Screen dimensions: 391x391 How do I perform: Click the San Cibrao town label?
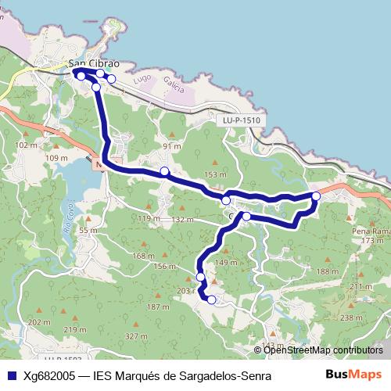click(x=94, y=64)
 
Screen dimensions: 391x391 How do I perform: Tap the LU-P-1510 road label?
click(x=240, y=120)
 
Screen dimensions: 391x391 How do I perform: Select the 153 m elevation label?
click(x=214, y=174)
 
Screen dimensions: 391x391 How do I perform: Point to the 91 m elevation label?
click(x=171, y=146)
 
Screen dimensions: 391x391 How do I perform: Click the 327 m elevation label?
click(x=136, y=335)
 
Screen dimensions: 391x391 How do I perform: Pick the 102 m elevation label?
click(x=27, y=145)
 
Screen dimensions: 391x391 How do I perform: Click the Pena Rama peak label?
click(x=371, y=232)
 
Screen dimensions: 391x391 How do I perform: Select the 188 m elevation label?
click(x=324, y=271)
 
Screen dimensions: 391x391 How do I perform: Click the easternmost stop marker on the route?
click(x=316, y=196)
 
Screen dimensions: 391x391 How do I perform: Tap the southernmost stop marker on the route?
click(x=211, y=300)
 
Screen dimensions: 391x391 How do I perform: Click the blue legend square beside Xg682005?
click(x=11, y=375)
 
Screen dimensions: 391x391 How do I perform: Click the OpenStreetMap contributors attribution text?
click(x=323, y=350)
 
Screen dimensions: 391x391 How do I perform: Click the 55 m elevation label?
click(x=88, y=231)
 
